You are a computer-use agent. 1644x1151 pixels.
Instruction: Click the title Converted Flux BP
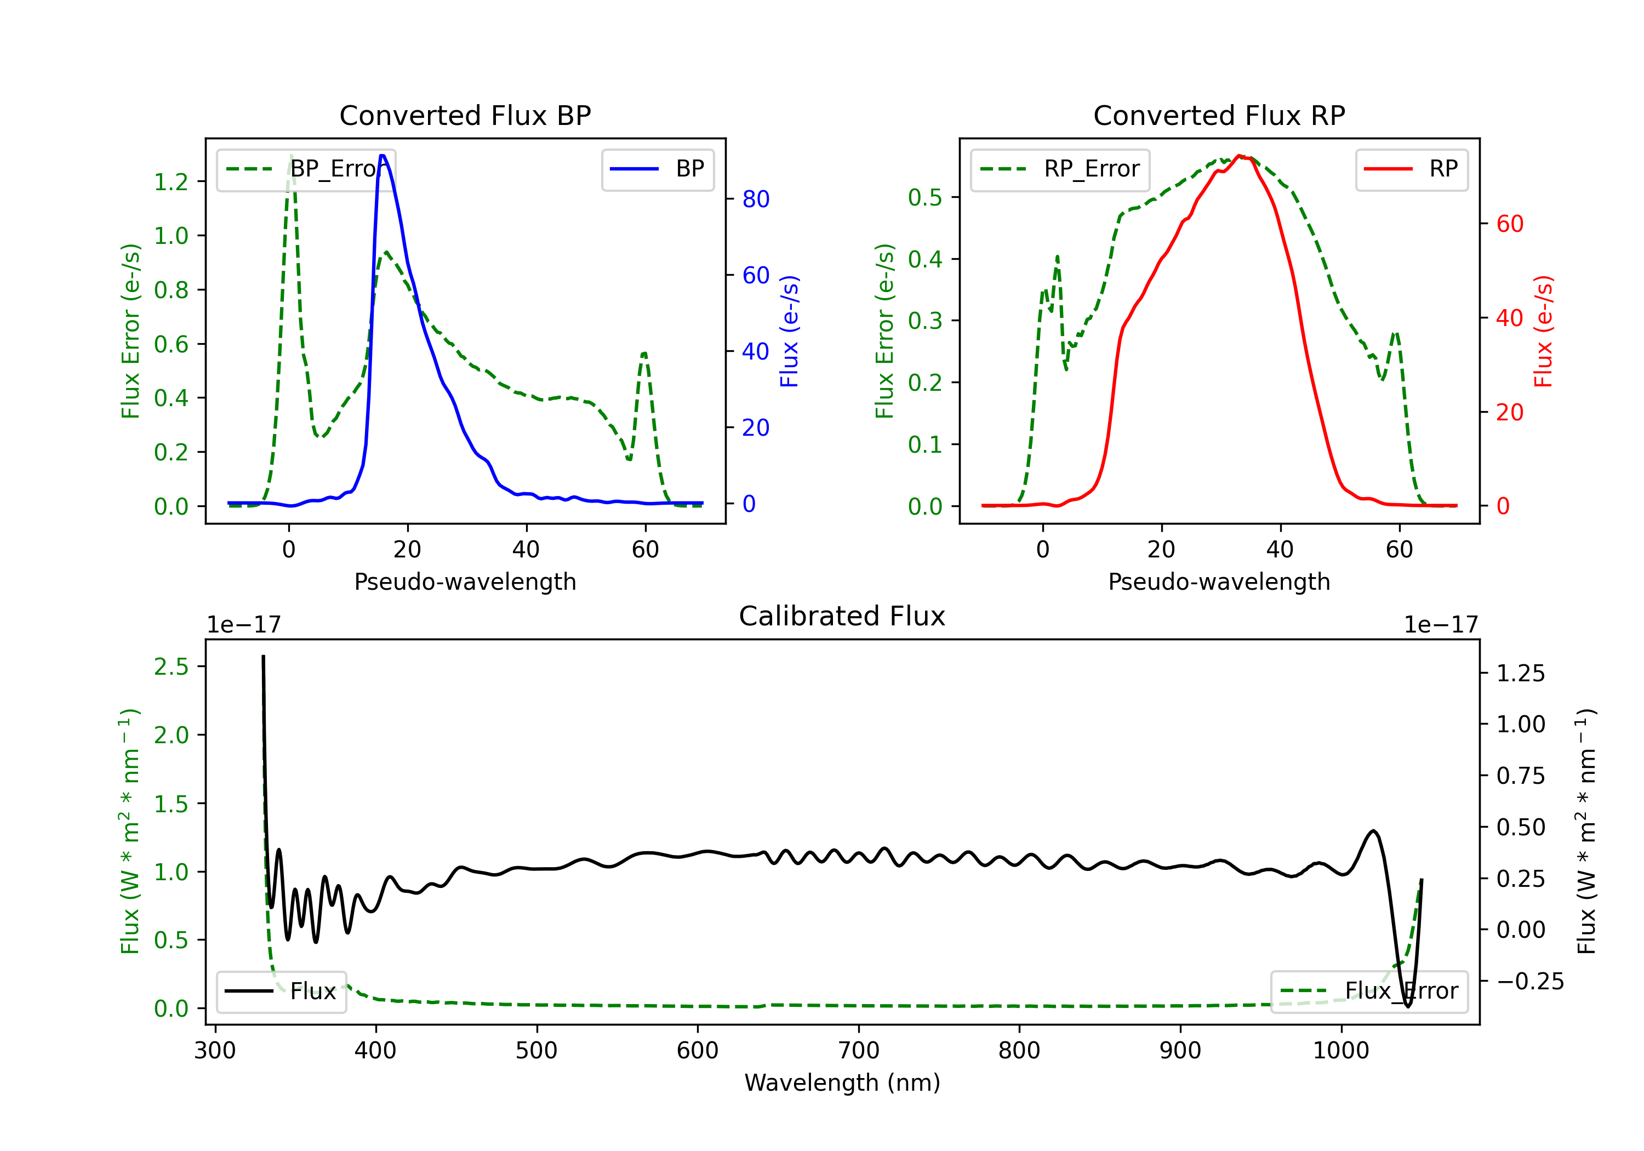coord(465,115)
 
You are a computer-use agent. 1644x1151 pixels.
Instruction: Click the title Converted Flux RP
coord(1219,115)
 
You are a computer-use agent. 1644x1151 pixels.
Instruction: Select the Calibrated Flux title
coord(842,616)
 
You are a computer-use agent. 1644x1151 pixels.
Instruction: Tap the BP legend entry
coord(657,169)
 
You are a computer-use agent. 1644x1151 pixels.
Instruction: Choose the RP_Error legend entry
coord(1060,169)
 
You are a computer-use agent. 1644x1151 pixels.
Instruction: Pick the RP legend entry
coord(1411,169)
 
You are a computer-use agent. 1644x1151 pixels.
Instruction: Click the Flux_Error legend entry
coord(1369,992)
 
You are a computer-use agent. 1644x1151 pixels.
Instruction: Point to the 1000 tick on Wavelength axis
coord(1340,1050)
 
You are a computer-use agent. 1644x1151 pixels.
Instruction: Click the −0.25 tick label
coord(1530,981)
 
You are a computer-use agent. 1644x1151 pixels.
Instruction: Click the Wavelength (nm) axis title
coord(842,1082)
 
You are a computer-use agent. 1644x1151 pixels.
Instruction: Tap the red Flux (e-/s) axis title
coord(1543,331)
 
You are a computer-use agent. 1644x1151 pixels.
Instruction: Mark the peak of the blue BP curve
coord(383,156)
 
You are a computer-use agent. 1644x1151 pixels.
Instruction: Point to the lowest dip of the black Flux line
coord(1408,1006)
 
